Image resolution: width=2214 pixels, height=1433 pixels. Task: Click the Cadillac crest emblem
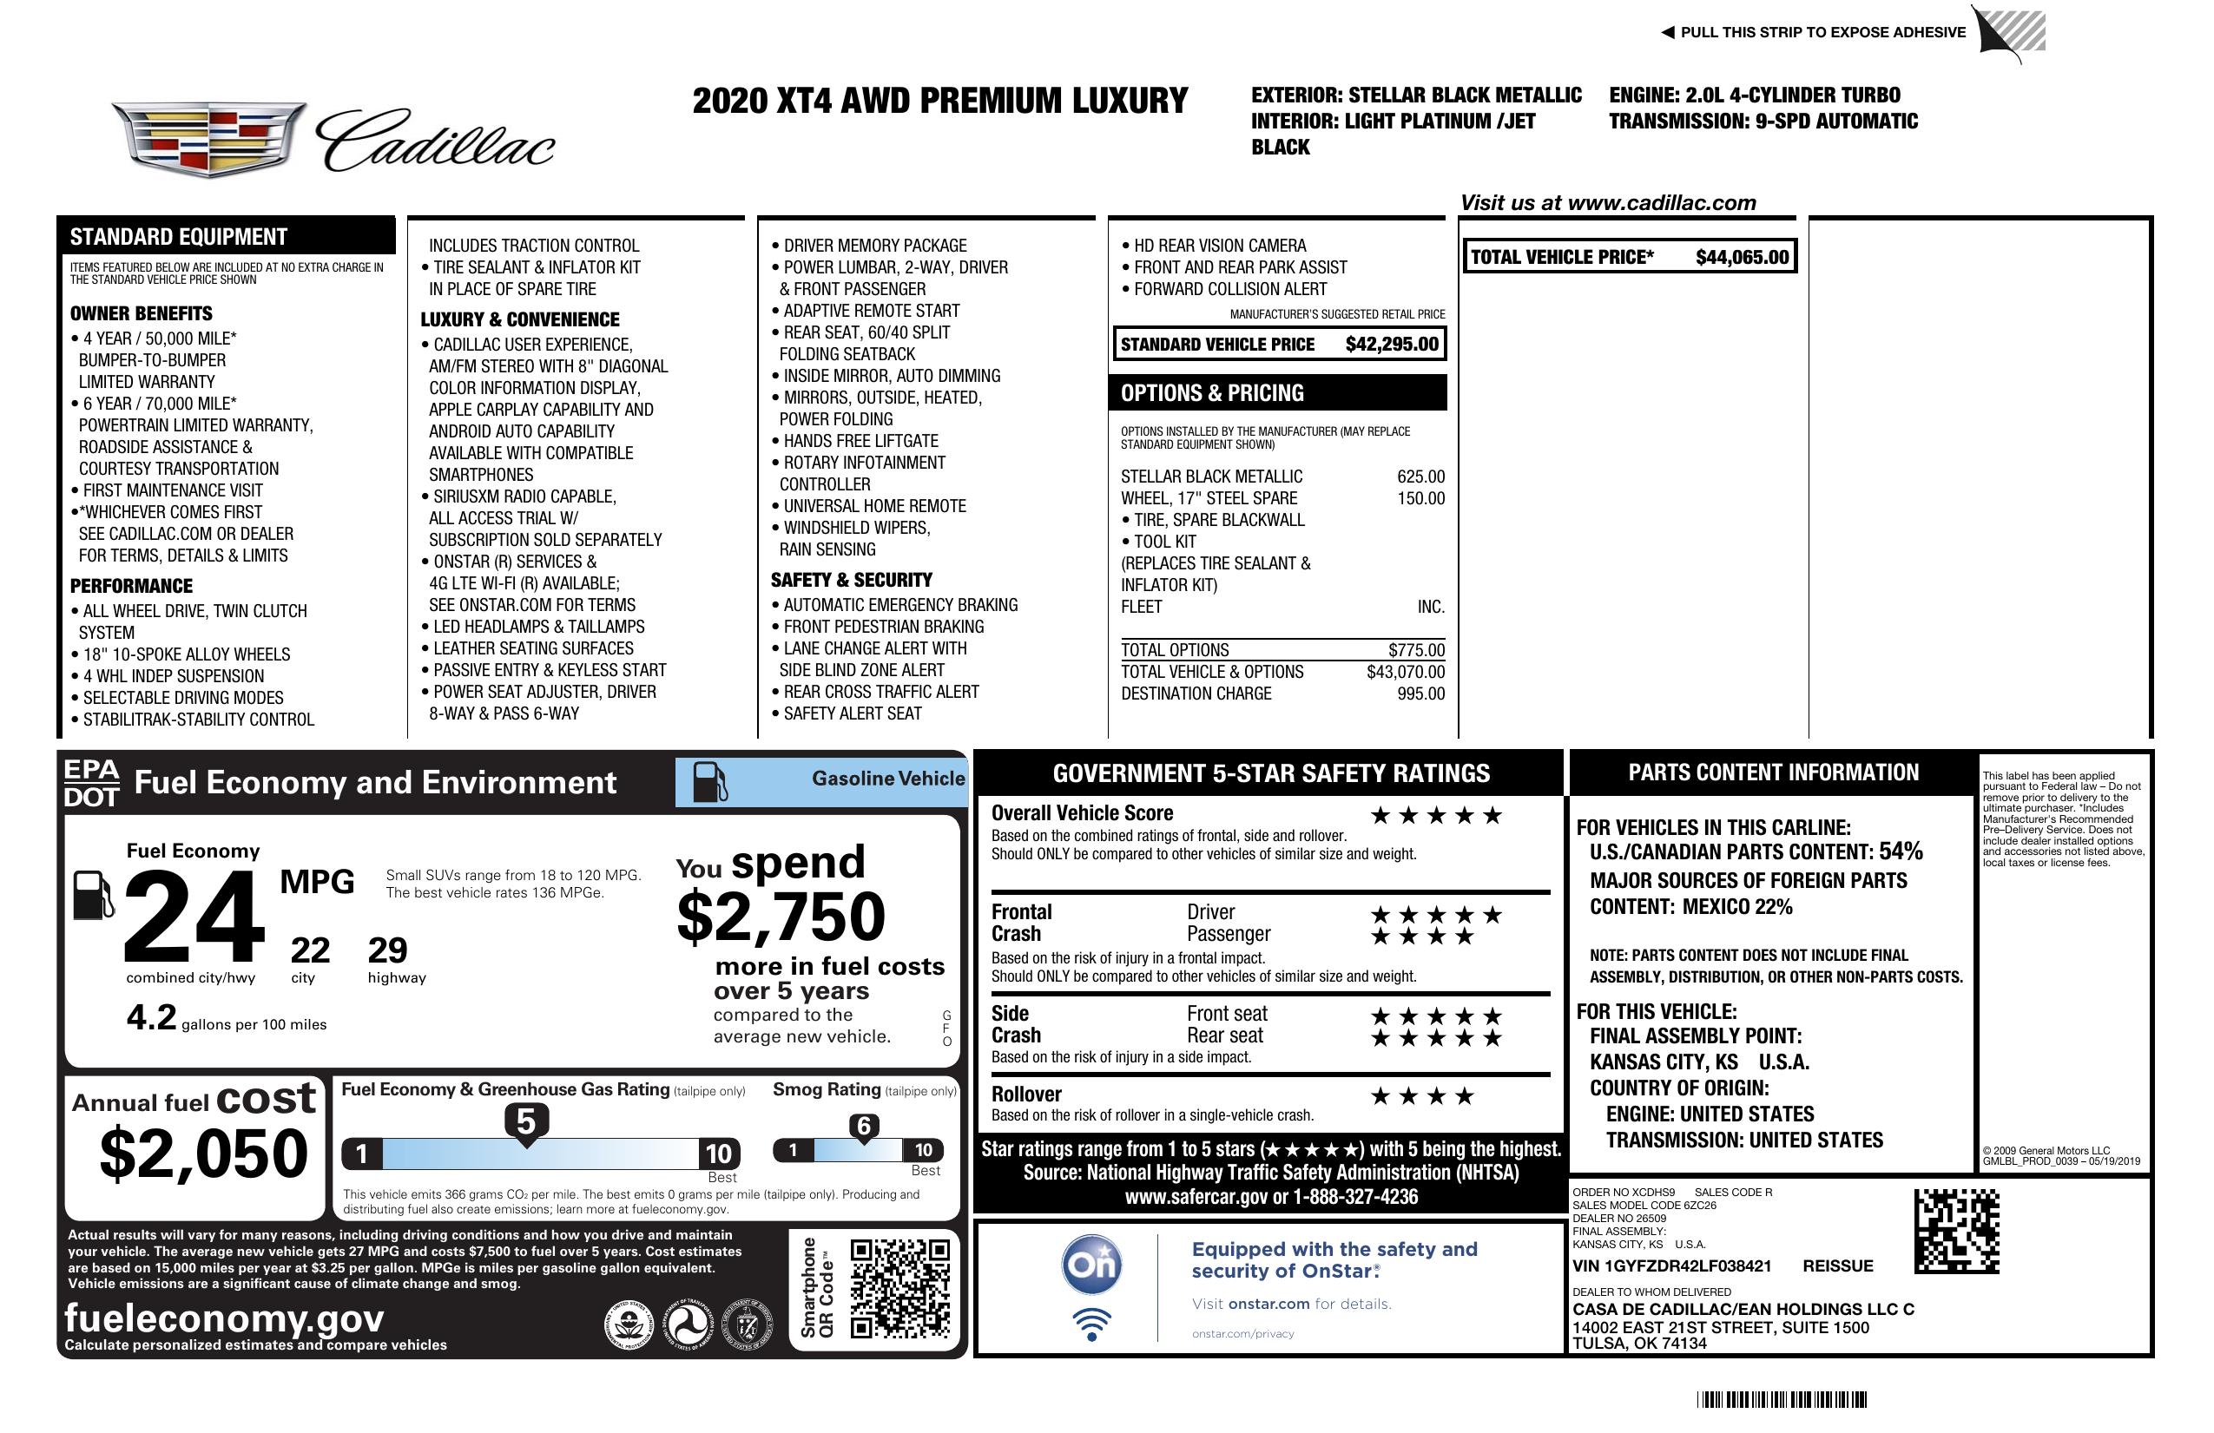click(x=208, y=139)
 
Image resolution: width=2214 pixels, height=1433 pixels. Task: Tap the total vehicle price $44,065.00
click(x=1742, y=258)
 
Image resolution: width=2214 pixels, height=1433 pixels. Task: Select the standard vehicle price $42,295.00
click(x=1392, y=344)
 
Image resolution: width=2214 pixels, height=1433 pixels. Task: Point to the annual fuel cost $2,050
click(x=204, y=1154)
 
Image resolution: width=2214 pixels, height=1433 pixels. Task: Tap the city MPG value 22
click(x=310, y=950)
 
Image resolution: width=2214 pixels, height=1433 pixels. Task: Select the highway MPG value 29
click(x=387, y=950)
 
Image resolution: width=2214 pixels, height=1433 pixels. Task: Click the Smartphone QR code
click(x=899, y=1288)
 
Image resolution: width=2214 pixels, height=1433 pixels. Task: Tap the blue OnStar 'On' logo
click(x=1091, y=1265)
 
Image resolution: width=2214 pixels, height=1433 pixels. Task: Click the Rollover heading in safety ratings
click(x=1026, y=1094)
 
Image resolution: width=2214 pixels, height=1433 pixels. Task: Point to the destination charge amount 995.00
click(x=1420, y=693)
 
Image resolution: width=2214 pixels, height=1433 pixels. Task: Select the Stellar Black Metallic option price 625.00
click(x=1420, y=477)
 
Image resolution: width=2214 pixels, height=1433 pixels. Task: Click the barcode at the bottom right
click(x=1782, y=1399)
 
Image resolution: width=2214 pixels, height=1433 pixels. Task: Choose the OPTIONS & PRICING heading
click(x=1211, y=393)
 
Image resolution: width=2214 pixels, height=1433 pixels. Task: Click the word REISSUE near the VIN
click(x=1837, y=1265)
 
